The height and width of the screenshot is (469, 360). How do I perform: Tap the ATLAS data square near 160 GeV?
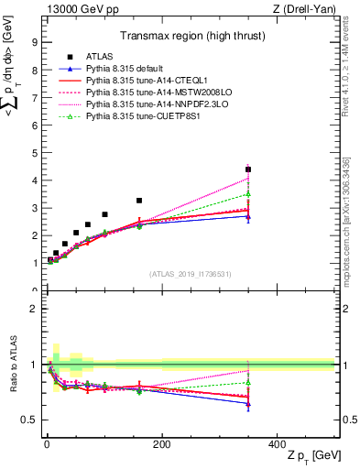[139, 201]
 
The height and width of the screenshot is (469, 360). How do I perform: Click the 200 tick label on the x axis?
[161, 444]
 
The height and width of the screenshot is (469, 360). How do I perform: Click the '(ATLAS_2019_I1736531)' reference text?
[190, 274]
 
